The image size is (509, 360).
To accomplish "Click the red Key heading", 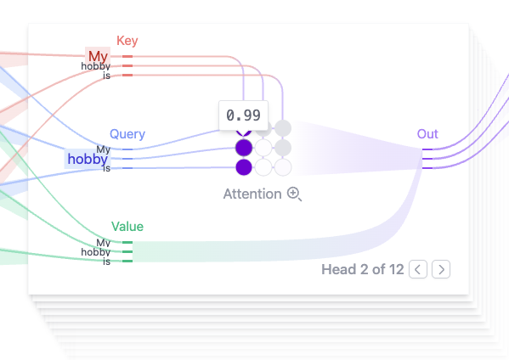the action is tap(127, 41).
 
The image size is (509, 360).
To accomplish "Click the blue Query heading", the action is tap(127, 134).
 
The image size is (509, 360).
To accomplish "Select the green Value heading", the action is tap(127, 227).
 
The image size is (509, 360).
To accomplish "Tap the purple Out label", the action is tap(427, 134).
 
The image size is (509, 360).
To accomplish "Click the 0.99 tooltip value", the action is tap(244, 115).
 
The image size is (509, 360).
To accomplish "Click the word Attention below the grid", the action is tap(252, 194).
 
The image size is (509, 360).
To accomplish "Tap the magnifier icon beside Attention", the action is tap(294, 194).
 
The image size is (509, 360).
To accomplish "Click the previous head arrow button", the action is tap(418, 269).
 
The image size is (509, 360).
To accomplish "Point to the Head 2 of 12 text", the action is tap(363, 269).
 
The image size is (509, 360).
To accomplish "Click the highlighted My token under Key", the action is tap(98, 56).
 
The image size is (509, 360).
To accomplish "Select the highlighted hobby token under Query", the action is tap(88, 159).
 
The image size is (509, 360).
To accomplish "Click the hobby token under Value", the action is tap(96, 252).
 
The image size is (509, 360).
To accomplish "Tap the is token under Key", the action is tap(107, 76).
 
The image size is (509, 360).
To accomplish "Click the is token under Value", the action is tap(107, 262).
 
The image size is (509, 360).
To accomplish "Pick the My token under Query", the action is tap(103, 149).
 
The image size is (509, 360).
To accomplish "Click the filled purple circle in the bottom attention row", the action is tap(244, 167).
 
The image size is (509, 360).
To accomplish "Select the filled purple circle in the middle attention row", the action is tap(244, 148).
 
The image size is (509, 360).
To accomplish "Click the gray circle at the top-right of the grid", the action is tap(283, 128).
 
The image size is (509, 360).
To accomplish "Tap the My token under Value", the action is tap(103, 243).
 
